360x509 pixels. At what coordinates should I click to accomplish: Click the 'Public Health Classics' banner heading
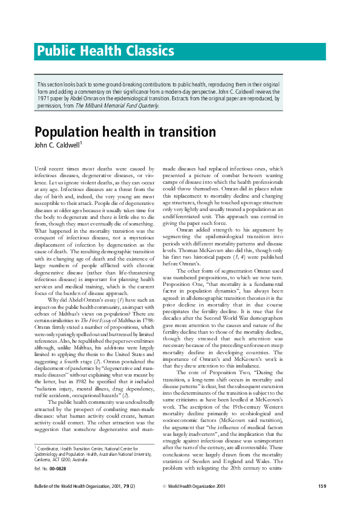tap(106, 51)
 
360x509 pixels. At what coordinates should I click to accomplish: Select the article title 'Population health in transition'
tap(125, 132)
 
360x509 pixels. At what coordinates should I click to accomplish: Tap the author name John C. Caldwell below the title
tap(58, 145)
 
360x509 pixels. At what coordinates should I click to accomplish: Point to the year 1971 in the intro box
tap(45, 97)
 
